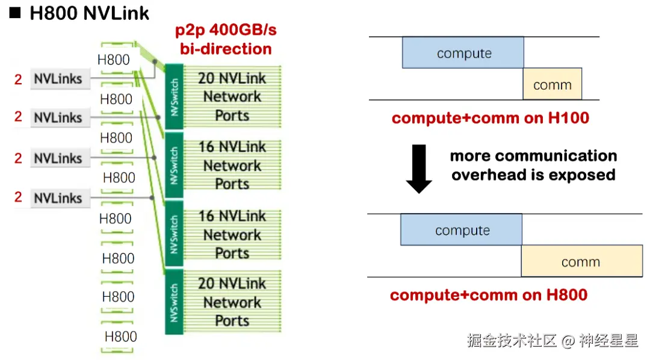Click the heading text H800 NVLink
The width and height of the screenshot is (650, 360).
pos(89,13)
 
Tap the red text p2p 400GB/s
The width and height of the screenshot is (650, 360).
pos(226,31)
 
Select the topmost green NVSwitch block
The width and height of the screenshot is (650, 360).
pos(174,96)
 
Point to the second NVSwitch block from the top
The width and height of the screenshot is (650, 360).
pos(174,165)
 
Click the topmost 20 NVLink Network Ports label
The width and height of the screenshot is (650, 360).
pos(232,96)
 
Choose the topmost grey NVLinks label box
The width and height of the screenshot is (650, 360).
pos(59,79)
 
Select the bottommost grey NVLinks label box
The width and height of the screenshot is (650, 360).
pos(58,198)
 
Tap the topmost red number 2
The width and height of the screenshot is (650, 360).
pos(18,79)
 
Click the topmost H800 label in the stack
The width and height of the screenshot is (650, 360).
pos(113,60)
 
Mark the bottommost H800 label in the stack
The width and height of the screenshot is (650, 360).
pos(120,337)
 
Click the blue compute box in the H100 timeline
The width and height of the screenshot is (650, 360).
pos(463,53)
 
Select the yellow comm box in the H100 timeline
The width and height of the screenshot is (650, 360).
pos(552,84)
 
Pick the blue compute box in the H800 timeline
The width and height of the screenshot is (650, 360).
pos(461,230)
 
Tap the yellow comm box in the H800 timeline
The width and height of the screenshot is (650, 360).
pos(581,261)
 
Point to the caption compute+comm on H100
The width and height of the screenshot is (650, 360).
pos(490,118)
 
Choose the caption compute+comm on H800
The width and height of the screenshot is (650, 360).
pos(488,295)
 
